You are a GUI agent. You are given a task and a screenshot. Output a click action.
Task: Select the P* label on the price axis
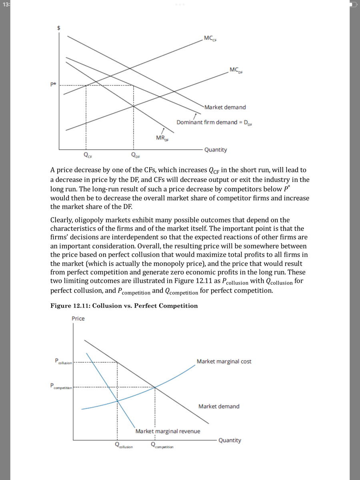(53, 85)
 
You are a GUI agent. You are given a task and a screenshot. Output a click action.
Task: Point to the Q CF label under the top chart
(86, 155)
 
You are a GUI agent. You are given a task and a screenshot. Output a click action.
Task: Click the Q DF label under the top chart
(135, 155)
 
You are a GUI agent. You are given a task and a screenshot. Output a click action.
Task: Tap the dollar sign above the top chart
(58, 28)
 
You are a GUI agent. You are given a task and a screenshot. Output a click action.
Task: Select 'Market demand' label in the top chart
(225, 107)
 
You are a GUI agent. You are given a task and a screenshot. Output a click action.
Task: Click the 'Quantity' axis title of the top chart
(216, 150)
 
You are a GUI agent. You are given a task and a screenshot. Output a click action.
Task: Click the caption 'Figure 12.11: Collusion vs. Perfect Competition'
(124, 306)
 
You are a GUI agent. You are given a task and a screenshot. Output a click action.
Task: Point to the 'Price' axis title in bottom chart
(78, 318)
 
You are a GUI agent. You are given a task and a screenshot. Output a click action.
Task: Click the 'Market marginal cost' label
(224, 361)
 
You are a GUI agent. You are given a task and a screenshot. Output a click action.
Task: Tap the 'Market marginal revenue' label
(168, 431)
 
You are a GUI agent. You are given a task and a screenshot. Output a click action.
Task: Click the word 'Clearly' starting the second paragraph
(62, 220)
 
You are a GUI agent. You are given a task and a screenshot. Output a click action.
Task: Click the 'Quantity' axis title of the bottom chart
(230, 440)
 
